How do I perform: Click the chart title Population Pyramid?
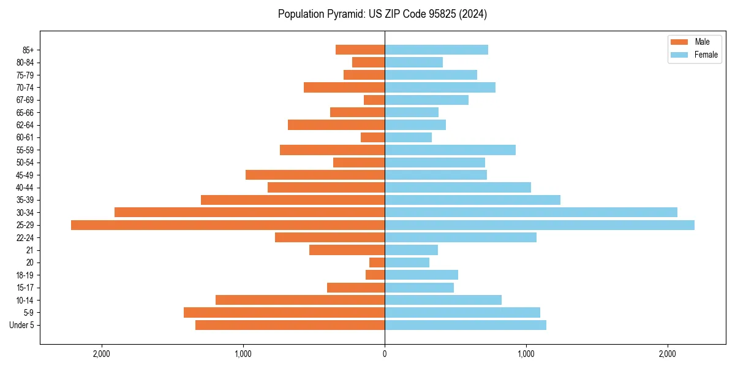382,14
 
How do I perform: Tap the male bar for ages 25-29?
228,225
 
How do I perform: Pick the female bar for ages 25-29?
540,225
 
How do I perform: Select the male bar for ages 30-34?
249,212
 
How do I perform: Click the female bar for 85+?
436,50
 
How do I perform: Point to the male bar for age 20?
377,263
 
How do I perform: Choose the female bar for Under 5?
466,325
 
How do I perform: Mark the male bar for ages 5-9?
284,313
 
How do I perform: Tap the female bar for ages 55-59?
450,150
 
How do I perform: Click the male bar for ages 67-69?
374,100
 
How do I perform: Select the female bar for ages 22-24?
461,237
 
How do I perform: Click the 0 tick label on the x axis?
385,354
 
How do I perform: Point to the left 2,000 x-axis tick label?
102,354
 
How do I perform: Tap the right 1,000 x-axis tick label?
526,354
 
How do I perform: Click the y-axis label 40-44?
25,188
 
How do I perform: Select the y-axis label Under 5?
22,325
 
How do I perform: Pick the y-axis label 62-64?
25,125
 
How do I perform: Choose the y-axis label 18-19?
25,275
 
